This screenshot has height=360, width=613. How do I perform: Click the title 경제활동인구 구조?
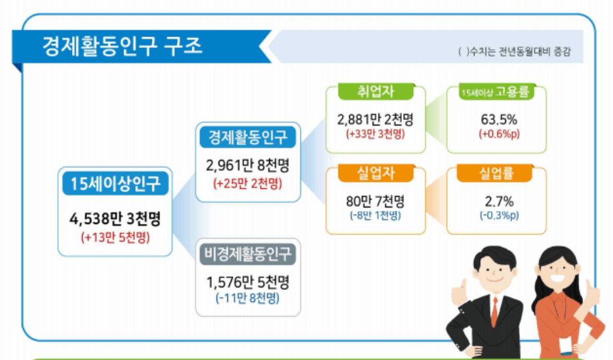[123, 47]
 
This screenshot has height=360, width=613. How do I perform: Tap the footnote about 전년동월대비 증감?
[516, 52]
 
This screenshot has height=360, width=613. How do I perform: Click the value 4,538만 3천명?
[115, 219]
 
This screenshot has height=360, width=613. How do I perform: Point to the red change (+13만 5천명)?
[115, 237]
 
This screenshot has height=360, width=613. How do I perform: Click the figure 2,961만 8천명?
[248, 164]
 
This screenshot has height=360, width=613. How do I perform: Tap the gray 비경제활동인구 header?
[248, 253]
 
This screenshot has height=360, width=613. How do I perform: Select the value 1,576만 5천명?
[248, 281]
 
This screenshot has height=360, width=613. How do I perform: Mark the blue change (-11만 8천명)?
[248, 297]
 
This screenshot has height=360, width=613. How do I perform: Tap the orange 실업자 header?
[376, 173]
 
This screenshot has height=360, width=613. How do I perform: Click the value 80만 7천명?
[376, 201]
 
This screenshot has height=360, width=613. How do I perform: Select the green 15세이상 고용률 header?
[496, 92]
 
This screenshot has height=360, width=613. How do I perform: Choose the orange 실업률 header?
[496, 173]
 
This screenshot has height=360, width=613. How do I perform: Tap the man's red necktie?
[494, 311]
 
